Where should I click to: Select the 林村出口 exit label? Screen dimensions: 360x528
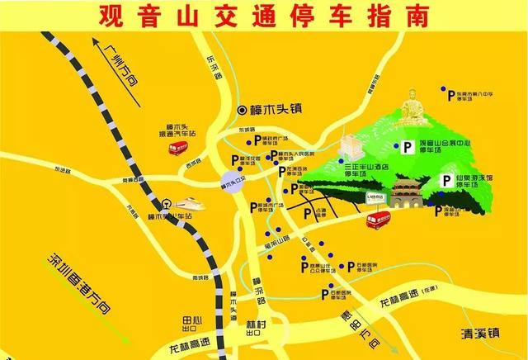tap(257, 329)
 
